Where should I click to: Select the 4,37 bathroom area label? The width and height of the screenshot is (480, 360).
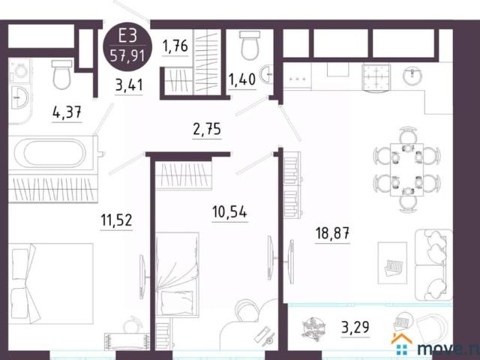[x=67, y=114]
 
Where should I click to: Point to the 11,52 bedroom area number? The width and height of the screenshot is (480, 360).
[x=117, y=220]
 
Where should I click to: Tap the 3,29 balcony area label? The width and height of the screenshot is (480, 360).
[x=355, y=328]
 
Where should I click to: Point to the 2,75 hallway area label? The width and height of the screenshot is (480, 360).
[x=208, y=128]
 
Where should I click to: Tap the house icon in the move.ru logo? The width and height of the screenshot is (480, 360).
[x=401, y=343]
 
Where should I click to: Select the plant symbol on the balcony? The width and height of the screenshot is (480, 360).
[x=312, y=328]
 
